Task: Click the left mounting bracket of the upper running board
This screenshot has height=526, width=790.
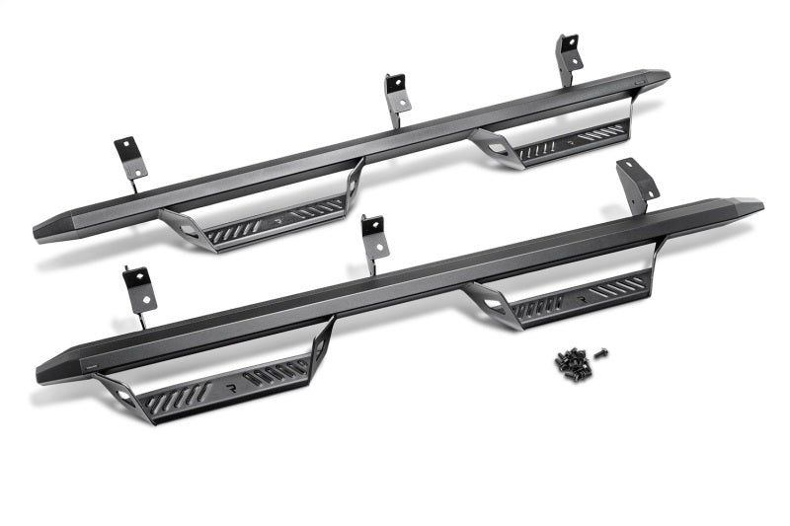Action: click(x=130, y=157)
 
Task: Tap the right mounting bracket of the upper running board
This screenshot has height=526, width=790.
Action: click(x=568, y=56)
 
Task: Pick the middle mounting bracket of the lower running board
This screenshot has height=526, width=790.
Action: click(x=373, y=238)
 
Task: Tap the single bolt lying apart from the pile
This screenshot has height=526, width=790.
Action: click(x=601, y=352)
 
